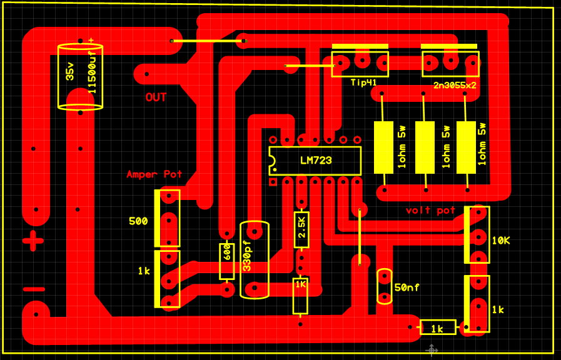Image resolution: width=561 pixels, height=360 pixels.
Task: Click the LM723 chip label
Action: (315, 161)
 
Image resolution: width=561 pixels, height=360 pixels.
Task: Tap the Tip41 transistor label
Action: (363, 82)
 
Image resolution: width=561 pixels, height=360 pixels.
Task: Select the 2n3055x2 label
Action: (455, 85)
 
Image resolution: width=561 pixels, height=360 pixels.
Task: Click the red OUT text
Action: (156, 97)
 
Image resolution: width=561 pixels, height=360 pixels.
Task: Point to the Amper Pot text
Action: (154, 174)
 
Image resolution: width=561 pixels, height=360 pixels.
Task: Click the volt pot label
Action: (430, 211)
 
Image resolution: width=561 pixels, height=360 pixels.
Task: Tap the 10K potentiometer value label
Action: (502, 240)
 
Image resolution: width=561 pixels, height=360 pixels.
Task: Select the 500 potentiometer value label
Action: (138, 221)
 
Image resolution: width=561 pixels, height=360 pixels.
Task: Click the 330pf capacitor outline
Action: (255, 259)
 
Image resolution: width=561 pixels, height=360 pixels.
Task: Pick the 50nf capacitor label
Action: (407, 287)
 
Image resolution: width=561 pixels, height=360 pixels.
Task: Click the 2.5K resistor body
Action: (301, 229)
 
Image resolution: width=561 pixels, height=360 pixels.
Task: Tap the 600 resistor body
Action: (227, 261)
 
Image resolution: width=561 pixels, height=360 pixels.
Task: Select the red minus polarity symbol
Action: (34, 289)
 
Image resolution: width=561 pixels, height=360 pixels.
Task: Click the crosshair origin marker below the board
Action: (432, 350)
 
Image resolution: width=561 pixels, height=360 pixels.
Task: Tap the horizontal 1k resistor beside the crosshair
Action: (438, 327)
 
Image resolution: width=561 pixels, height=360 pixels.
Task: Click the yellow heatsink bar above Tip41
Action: (360, 46)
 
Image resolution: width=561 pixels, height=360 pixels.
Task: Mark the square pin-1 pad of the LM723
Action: (273, 182)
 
